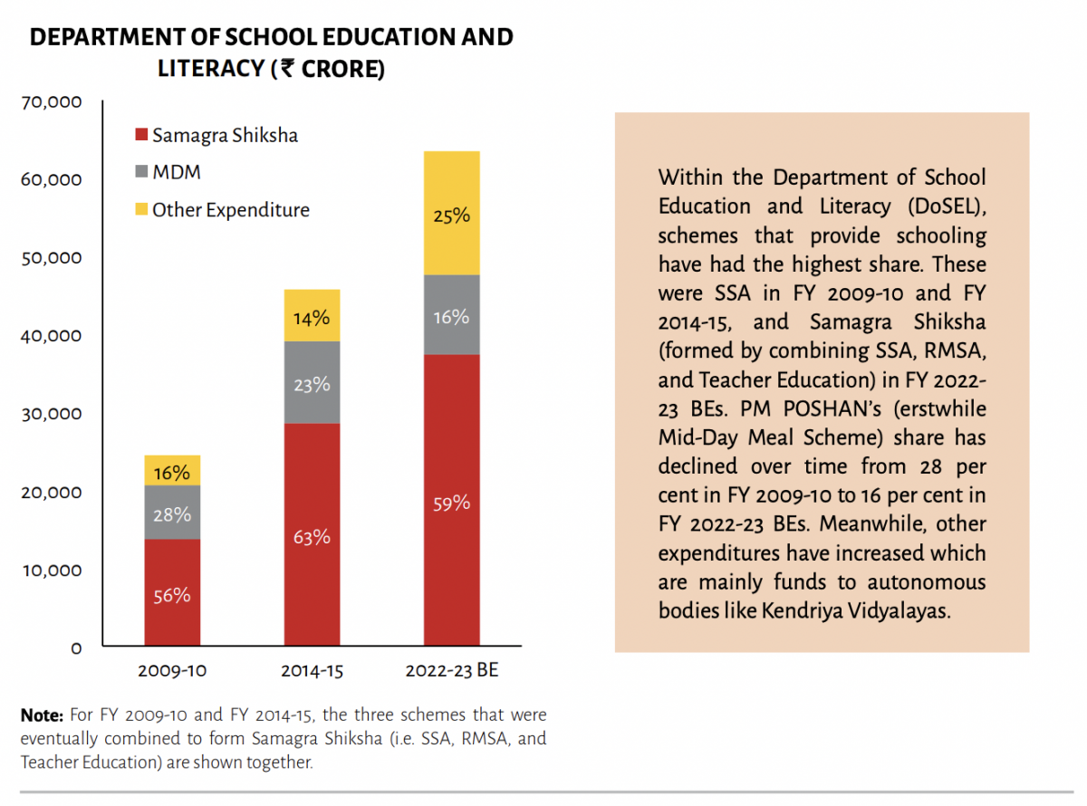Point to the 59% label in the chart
(452, 503)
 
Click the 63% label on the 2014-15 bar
(312, 537)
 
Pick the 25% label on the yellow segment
(452, 216)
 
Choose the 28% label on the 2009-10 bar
(172, 514)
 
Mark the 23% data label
(312, 384)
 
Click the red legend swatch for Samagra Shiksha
(140, 136)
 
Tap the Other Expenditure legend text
(231, 210)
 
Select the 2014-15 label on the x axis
(312, 672)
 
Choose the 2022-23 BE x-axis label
(452, 672)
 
